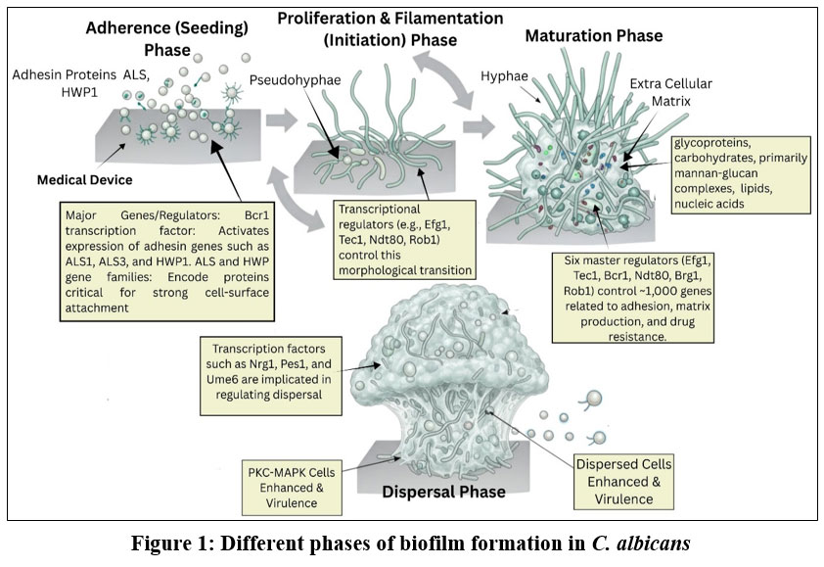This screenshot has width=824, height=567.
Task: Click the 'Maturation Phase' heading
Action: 594,36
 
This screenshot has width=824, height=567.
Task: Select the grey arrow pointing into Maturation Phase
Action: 479,125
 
